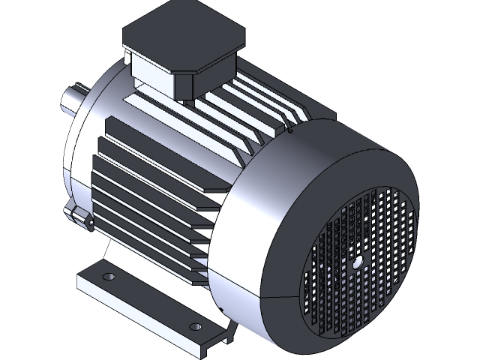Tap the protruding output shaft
[72, 102]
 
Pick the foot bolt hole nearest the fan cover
[196, 327]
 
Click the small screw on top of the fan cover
[290, 130]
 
